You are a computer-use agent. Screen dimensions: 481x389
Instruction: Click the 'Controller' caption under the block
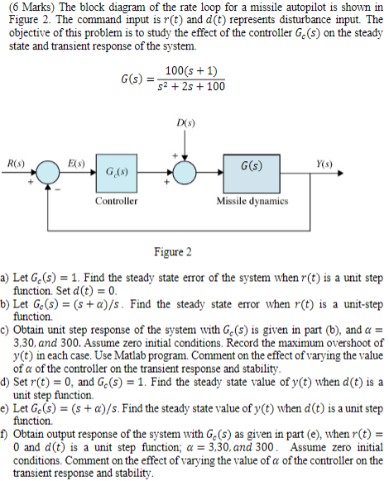115,201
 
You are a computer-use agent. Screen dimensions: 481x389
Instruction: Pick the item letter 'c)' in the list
7,328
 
